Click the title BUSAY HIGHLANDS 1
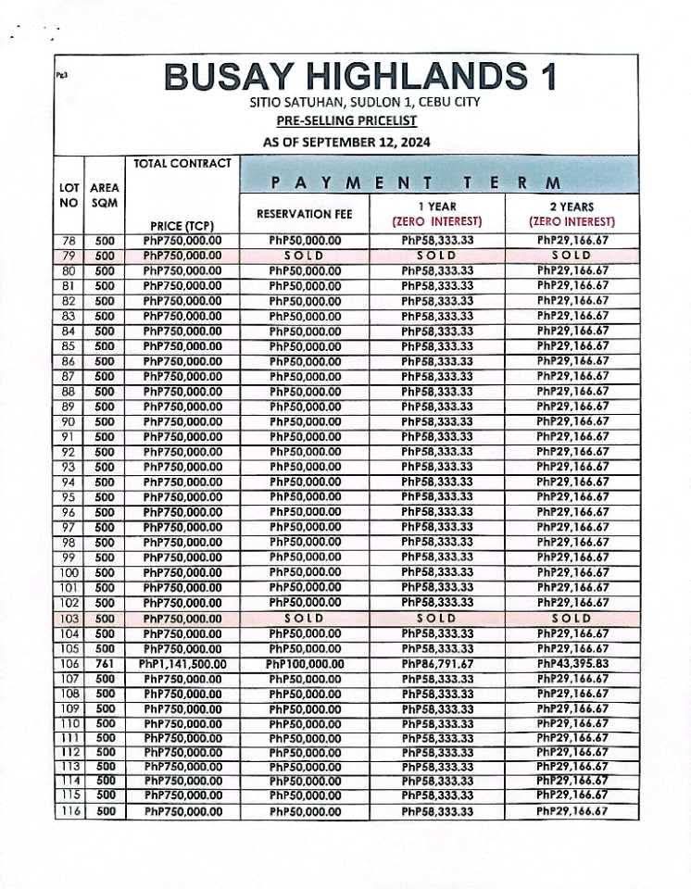[x=360, y=77]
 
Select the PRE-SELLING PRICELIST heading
[x=346, y=121]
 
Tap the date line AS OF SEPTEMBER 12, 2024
[x=346, y=142]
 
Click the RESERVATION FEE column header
[x=305, y=214]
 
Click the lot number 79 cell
[x=69, y=256]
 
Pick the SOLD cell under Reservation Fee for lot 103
[x=305, y=619]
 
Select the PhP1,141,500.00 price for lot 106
[x=183, y=664]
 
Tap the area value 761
[x=105, y=664]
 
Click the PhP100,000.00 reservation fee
[x=305, y=664]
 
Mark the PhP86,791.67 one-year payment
[x=438, y=664]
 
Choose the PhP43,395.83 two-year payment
[x=572, y=664]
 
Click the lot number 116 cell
[x=69, y=811]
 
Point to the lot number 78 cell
[x=69, y=241]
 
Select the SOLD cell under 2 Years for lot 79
[x=572, y=256]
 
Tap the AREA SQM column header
[x=105, y=194]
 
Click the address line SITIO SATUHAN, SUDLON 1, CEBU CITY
[x=365, y=102]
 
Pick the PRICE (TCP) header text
[x=182, y=225]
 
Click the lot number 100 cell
[x=69, y=573]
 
